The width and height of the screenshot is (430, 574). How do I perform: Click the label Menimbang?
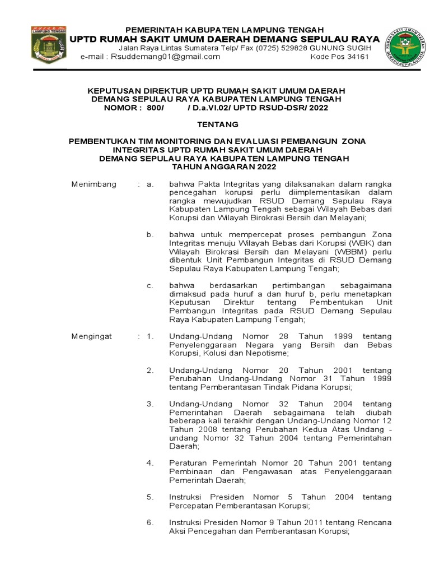pyautogui.click(x=94, y=184)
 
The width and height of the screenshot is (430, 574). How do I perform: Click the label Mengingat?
pyautogui.click(x=92, y=336)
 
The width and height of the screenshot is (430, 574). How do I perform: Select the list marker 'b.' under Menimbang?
pyautogui.click(x=150, y=234)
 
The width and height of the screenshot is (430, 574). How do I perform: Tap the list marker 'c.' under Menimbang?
pyautogui.click(x=150, y=285)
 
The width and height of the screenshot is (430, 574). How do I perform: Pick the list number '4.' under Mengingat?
pyautogui.click(x=150, y=463)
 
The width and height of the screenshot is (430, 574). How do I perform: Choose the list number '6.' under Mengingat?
pyautogui.click(x=150, y=522)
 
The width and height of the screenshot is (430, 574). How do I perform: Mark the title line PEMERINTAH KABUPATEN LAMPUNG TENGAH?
pyautogui.click(x=224, y=29)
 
